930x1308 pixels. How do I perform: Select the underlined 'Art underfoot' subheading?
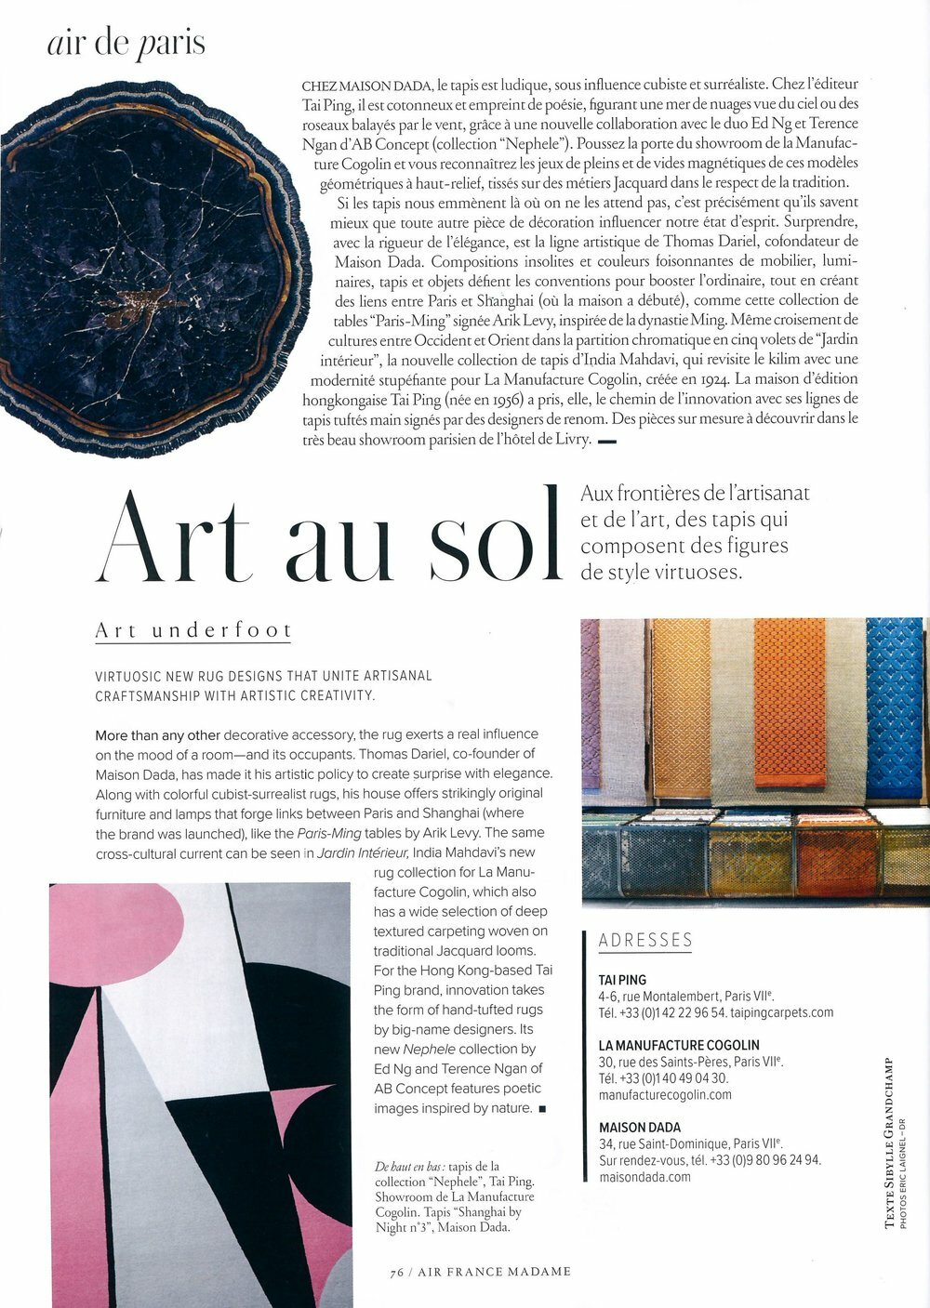pyautogui.click(x=193, y=631)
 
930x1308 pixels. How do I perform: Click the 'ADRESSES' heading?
pyautogui.click(x=645, y=941)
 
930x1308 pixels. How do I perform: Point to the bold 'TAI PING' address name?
pyautogui.click(x=622, y=980)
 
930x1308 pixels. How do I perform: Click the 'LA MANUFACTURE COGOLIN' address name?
pyautogui.click(x=679, y=1045)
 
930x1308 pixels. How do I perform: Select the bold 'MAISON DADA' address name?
pyautogui.click(x=639, y=1128)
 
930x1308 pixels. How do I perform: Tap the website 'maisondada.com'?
pyautogui.click(x=644, y=1177)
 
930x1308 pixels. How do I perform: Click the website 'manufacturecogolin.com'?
pyautogui.click(x=665, y=1094)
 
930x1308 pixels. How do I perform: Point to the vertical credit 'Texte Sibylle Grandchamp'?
pyautogui.click(x=890, y=1143)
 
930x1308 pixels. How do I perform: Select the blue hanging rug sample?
pyautogui.click(x=897, y=707)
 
